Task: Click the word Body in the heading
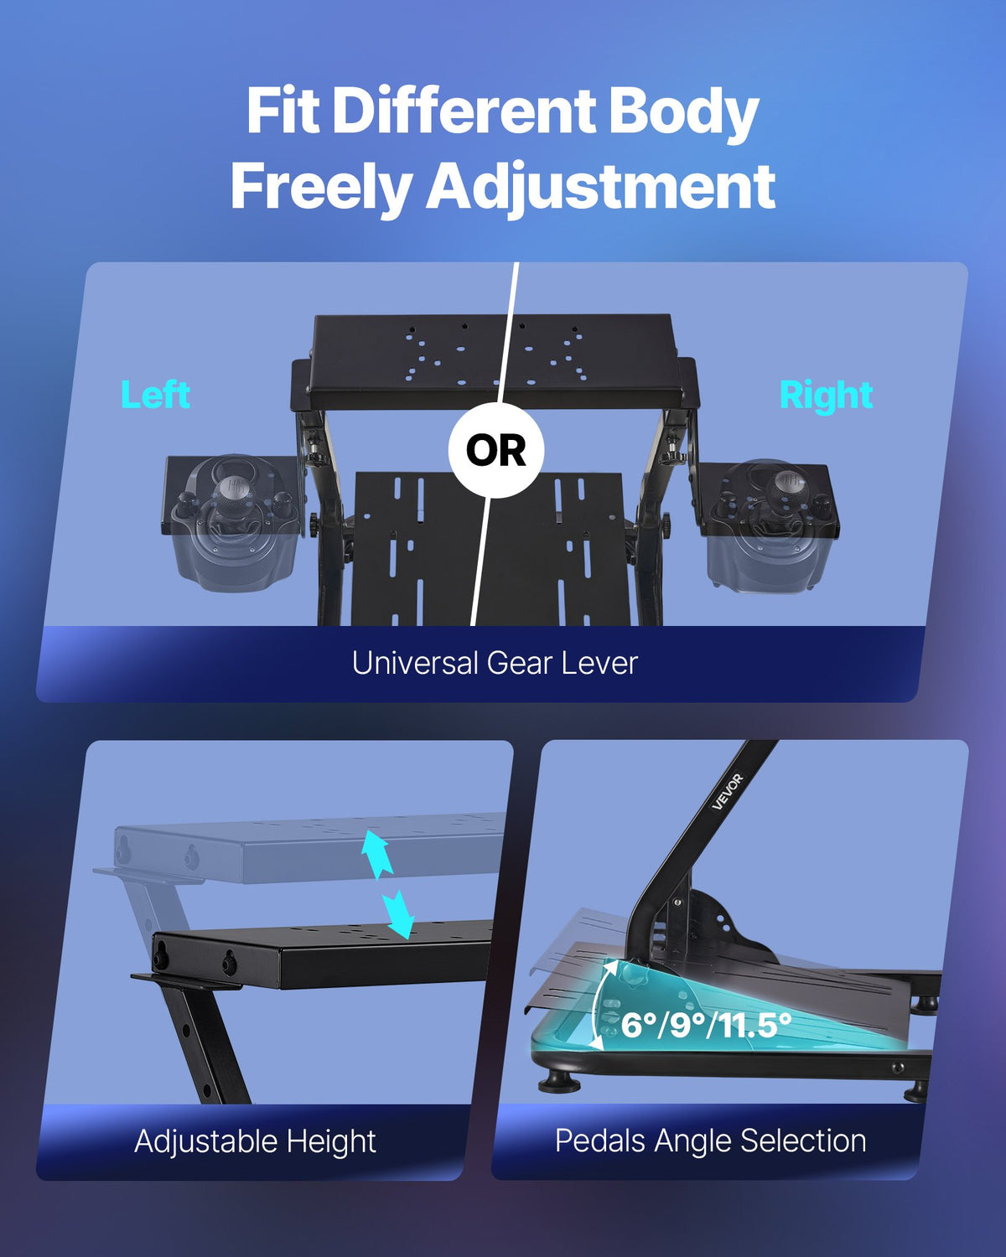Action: click(x=683, y=113)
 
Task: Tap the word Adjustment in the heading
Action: click(x=600, y=187)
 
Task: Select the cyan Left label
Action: click(x=155, y=395)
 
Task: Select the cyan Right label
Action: click(x=826, y=396)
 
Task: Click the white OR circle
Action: click(x=495, y=450)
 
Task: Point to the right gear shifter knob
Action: click(x=786, y=484)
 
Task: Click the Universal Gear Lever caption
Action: click(x=495, y=663)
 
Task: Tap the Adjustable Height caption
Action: click(x=255, y=1141)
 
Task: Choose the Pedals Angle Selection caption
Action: click(x=710, y=1141)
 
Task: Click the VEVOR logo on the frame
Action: click(x=727, y=792)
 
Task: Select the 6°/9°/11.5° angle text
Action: click(x=706, y=1024)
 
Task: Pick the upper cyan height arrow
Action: click(x=376, y=853)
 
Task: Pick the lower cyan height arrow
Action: click(x=398, y=913)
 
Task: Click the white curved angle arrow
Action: click(x=600, y=1006)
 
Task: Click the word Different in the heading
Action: click(x=463, y=113)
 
